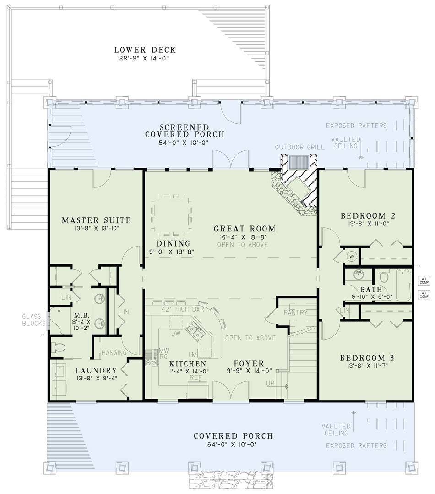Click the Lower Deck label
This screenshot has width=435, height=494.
(145, 50)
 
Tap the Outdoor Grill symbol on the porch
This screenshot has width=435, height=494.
(298, 163)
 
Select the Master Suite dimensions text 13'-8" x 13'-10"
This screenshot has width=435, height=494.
(96, 227)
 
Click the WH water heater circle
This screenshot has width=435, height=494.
(352, 256)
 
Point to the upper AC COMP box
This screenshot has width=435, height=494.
(424, 280)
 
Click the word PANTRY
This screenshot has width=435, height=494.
(295, 313)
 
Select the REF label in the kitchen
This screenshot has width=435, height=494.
(196, 377)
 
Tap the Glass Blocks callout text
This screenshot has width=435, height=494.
(32, 320)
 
